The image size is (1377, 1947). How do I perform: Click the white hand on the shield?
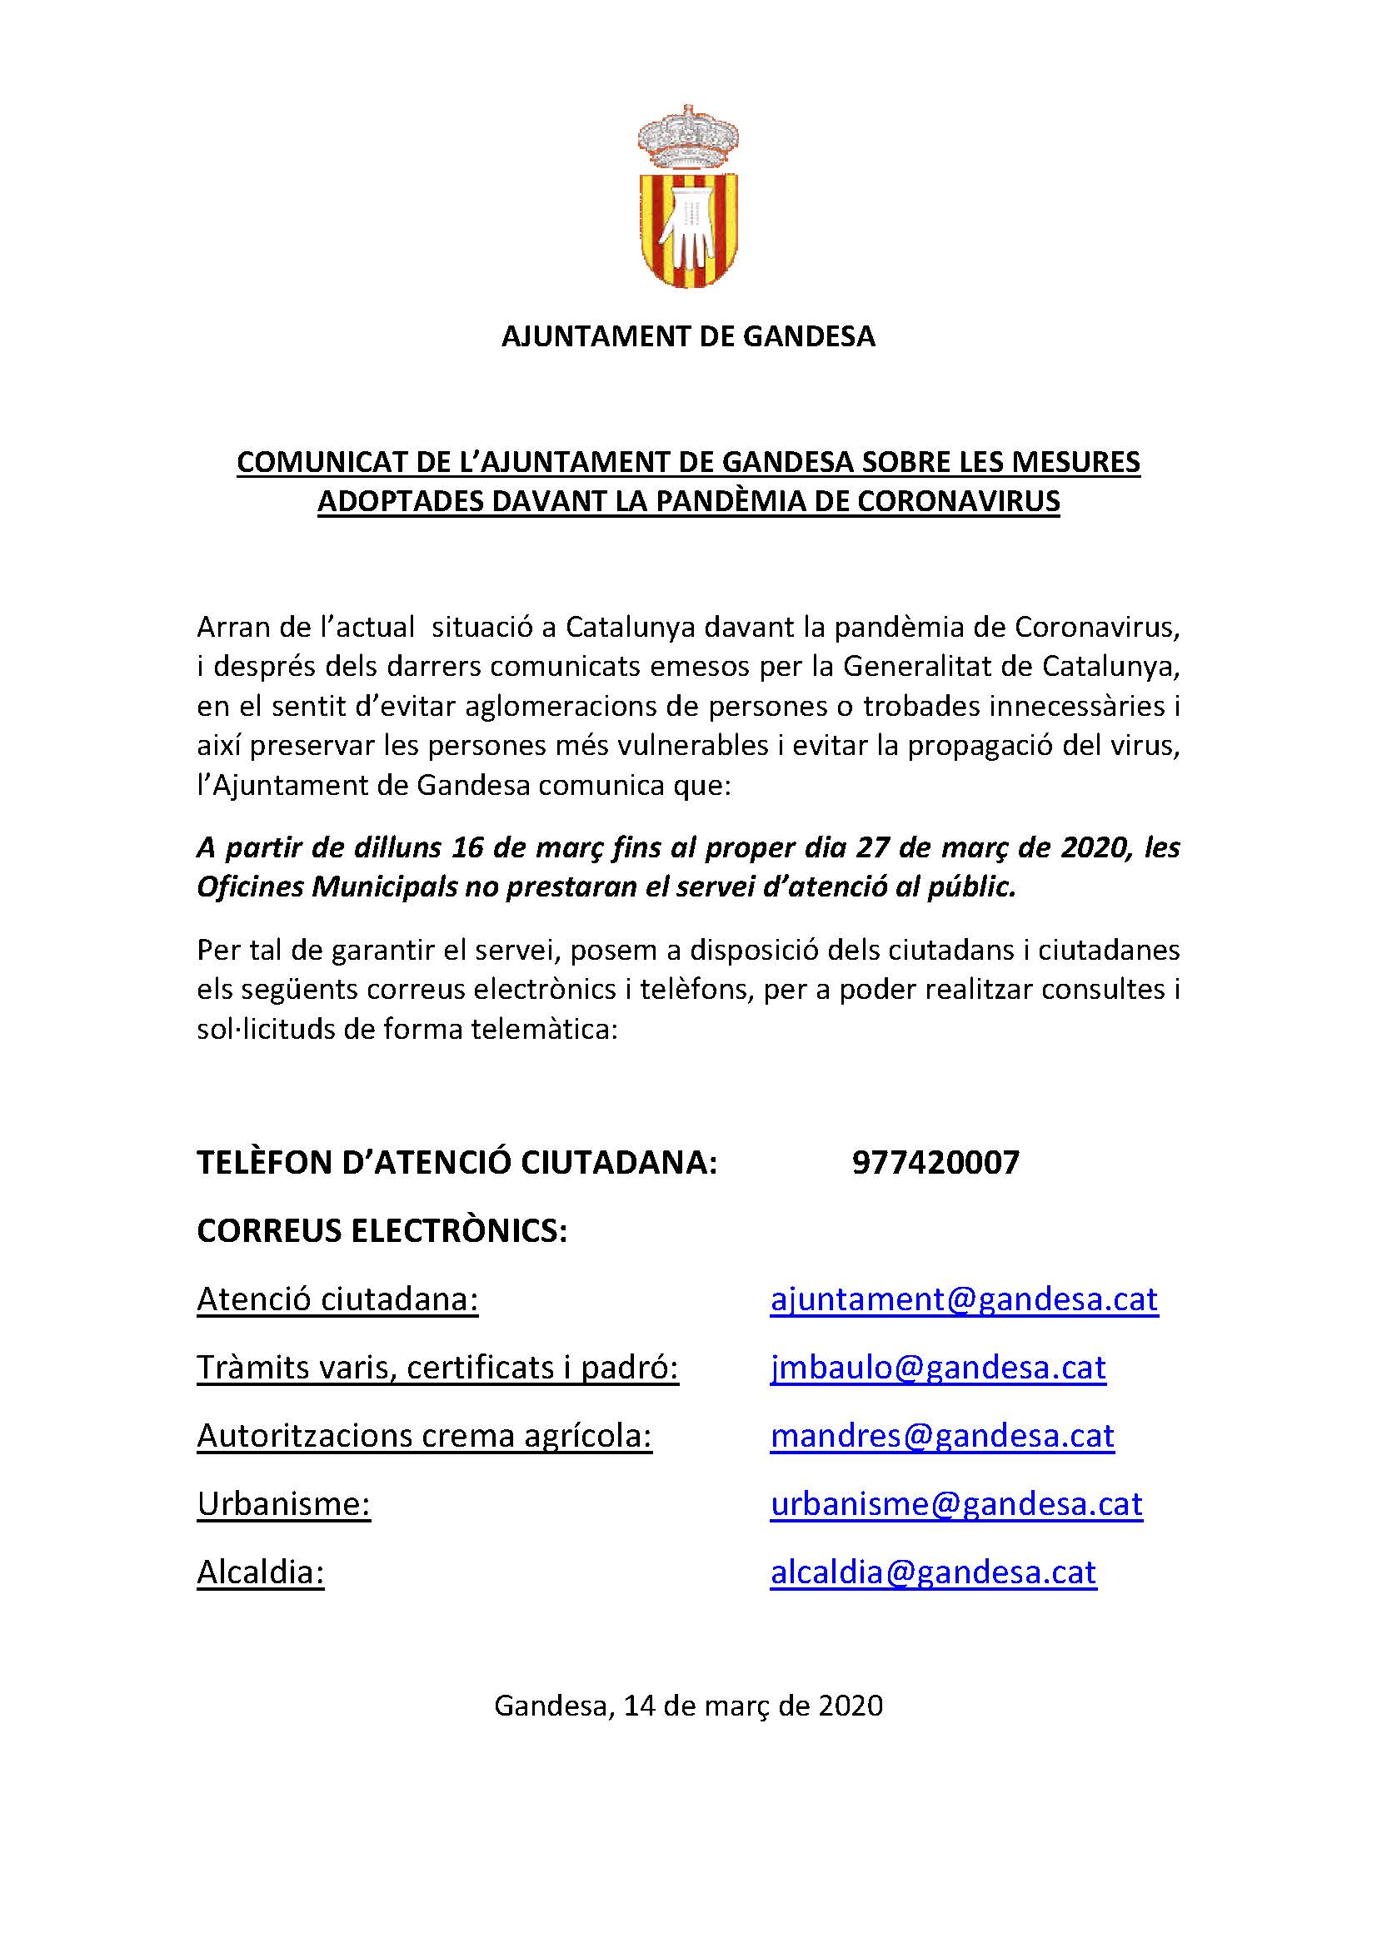tap(689, 225)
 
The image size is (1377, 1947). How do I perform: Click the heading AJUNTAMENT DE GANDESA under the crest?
tap(688, 336)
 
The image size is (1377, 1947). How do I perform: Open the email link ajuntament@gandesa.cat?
tap(964, 1299)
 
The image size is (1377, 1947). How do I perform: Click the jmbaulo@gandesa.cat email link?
tap(937, 1368)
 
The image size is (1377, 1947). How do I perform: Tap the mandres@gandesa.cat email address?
tap(942, 1436)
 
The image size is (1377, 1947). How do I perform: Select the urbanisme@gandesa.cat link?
tap(956, 1503)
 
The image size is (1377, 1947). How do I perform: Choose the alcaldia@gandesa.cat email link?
tap(933, 1572)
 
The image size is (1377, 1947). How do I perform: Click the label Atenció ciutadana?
tap(337, 1299)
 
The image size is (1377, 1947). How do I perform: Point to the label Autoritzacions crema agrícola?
tap(424, 1436)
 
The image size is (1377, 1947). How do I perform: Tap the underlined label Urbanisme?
tap(283, 1503)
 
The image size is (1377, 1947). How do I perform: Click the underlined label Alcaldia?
tap(261, 1572)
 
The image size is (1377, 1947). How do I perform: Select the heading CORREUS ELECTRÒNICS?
tap(382, 1230)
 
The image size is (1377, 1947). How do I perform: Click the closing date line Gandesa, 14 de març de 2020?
tap(688, 1705)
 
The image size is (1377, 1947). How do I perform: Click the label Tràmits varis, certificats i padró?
tap(438, 1368)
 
